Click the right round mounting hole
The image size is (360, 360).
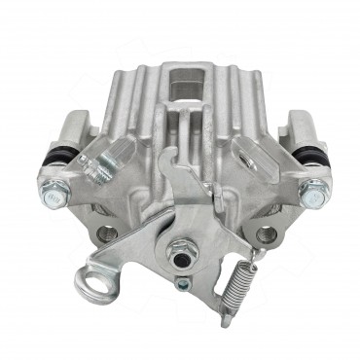(x=265, y=234)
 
